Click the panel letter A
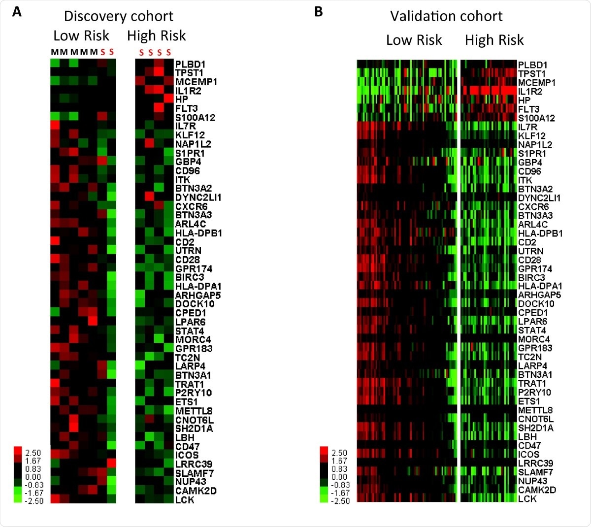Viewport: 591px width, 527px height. (17, 12)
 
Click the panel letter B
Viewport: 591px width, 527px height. (319, 11)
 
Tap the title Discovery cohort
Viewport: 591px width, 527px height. (118, 16)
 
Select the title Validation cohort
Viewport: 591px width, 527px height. (446, 16)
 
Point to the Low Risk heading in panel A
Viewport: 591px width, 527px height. (81, 36)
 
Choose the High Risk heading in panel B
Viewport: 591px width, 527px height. (494, 40)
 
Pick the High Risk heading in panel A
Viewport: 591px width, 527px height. (156, 36)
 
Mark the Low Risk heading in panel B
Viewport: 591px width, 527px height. (414, 40)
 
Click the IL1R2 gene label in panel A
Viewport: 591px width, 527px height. (188, 91)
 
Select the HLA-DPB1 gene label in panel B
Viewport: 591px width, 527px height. (540, 233)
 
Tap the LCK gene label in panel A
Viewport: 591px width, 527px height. (185, 500)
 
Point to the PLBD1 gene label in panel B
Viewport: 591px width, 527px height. (532, 65)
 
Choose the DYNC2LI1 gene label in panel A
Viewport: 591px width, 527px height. (198, 198)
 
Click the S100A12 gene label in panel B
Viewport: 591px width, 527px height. (536, 118)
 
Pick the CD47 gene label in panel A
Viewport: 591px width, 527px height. (187, 447)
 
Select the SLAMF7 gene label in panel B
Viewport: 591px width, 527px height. (535, 472)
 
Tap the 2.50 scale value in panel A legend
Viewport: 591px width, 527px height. (33, 453)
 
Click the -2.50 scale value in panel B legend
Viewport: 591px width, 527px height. (339, 501)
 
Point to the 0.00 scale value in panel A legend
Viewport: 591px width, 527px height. (33, 477)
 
